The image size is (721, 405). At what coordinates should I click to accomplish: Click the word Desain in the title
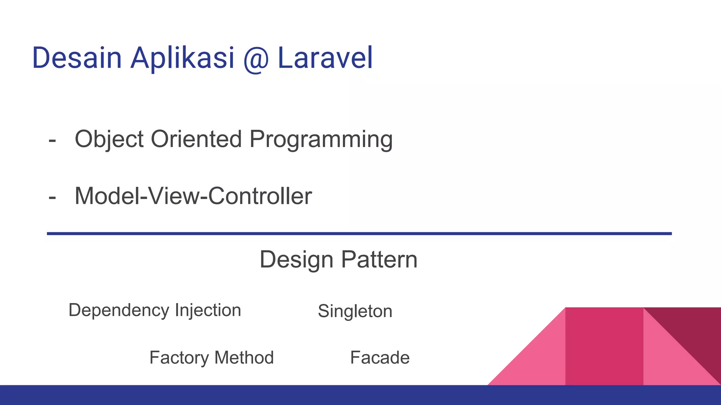pos(77,58)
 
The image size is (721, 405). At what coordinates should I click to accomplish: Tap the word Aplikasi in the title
pos(182,58)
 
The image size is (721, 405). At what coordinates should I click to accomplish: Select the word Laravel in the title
pos(325,58)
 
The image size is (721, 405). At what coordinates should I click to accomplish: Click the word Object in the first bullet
pos(109,140)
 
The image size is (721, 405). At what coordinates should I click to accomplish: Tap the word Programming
pos(321,140)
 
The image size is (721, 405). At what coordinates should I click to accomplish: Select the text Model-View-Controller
pos(193,196)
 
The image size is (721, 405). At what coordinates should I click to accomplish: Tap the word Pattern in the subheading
pos(379,260)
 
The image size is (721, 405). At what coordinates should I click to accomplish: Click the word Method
pos(244,358)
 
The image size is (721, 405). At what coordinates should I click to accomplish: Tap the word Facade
pos(380,358)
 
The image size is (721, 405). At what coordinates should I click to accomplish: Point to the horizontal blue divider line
pos(359,233)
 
